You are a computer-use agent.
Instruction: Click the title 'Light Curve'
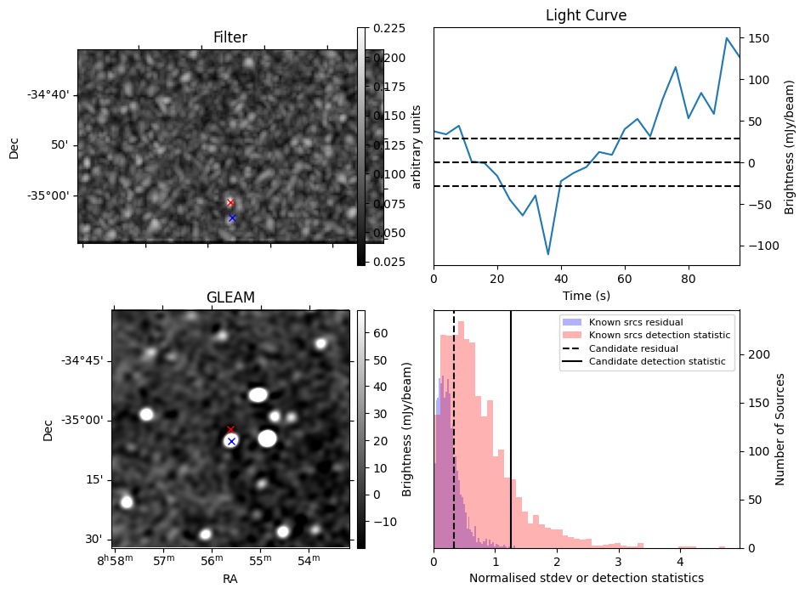coord(586,15)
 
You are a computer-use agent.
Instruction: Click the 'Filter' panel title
coord(230,37)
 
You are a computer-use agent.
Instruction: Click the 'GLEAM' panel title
coord(230,297)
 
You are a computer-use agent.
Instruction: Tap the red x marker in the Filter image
coord(230,202)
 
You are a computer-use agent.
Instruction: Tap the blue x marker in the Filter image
coord(231,218)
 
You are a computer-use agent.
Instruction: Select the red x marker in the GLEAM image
coord(230,429)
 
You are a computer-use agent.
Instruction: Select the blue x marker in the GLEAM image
coord(231,442)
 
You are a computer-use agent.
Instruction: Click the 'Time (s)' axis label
coord(586,296)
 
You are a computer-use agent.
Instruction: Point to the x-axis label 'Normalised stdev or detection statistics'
coord(586,578)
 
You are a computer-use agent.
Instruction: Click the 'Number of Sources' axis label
coord(780,429)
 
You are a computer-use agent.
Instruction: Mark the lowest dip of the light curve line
coord(547,254)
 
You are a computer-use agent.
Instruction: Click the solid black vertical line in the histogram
coord(511,425)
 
